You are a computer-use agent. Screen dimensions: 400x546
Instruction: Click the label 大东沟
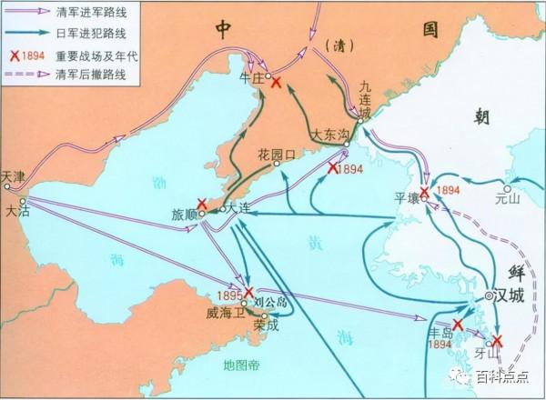(x=329, y=134)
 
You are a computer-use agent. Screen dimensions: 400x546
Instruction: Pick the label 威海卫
(x=223, y=311)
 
